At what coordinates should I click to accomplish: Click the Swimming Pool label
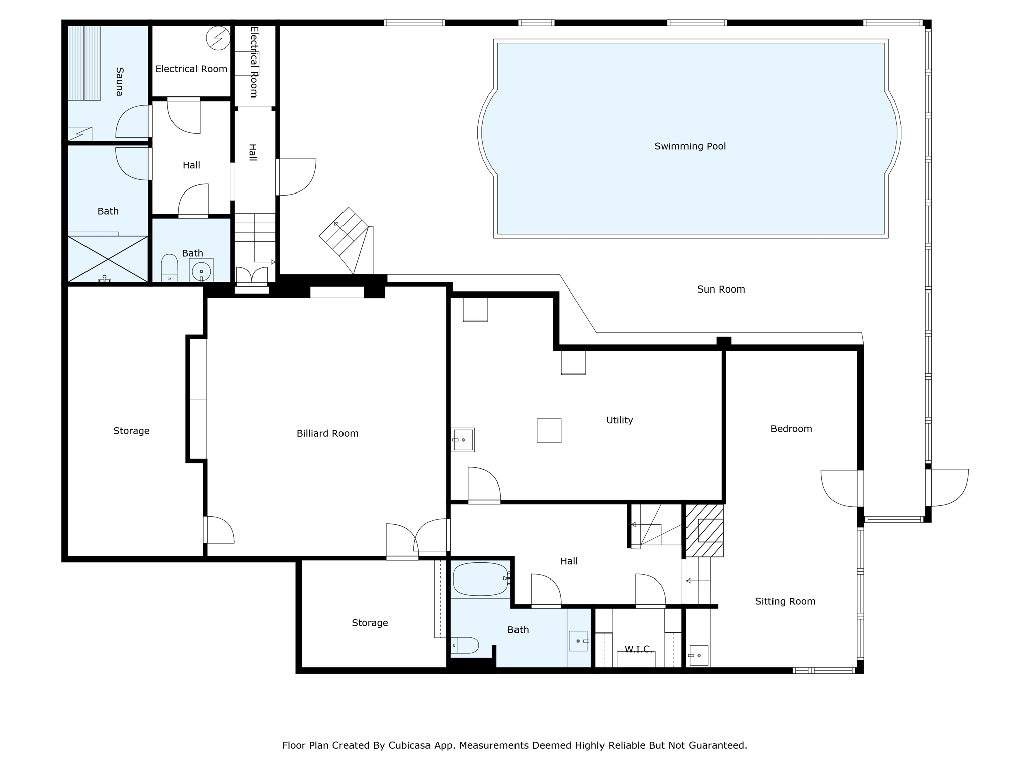click(690, 146)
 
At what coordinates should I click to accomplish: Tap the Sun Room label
click(721, 289)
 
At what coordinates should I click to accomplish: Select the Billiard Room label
click(327, 433)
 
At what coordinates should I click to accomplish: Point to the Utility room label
click(619, 420)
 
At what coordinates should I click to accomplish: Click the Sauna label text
click(120, 81)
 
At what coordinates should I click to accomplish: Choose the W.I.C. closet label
click(638, 649)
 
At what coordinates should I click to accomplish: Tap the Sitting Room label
click(785, 602)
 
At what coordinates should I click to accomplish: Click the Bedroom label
click(791, 429)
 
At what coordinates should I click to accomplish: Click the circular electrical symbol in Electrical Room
click(218, 38)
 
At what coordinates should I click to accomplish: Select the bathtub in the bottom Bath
click(480, 579)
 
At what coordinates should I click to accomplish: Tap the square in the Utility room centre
click(549, 431)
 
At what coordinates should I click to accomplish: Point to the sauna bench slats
click(84, 63)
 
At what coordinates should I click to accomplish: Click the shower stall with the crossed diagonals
click(108, 259)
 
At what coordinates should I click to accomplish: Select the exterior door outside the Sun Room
click(947, 488)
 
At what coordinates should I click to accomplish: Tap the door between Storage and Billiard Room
click(219, 530)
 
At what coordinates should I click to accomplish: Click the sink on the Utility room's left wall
click(463, 440)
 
